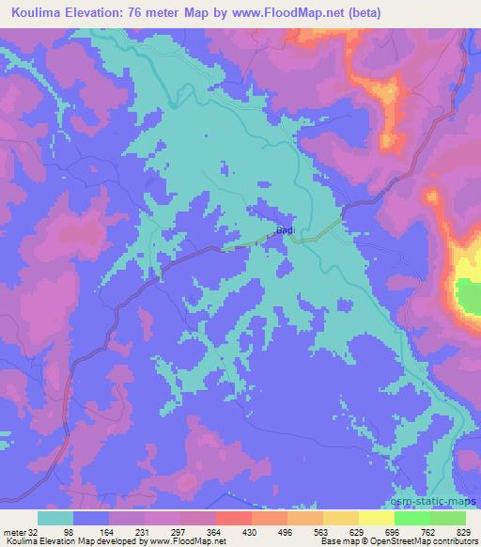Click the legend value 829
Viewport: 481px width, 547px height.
click(464, 531)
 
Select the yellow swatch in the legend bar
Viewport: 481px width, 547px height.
click(376, 518)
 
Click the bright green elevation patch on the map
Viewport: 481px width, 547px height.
click(467, 297)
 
